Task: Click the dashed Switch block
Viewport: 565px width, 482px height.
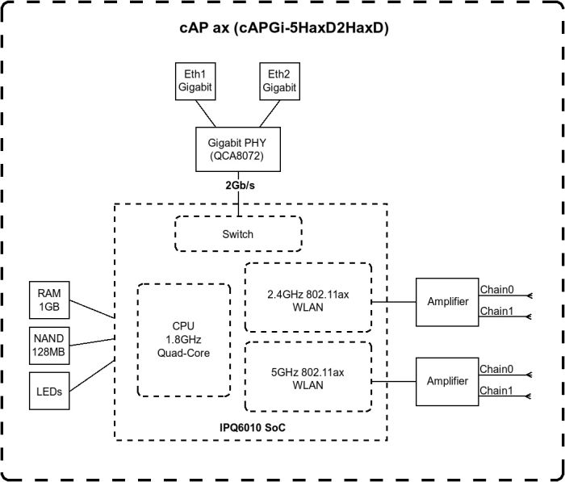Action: coord(237,234)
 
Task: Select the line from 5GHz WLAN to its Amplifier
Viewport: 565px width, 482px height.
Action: coord(393,380)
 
